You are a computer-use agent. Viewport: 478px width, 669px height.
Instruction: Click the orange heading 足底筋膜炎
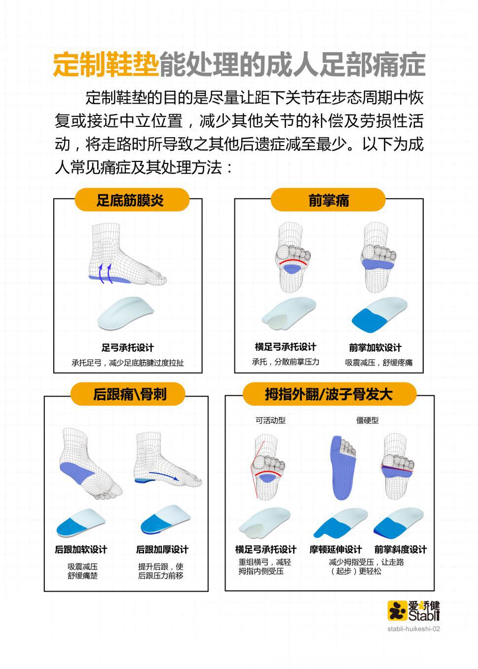point(130,200)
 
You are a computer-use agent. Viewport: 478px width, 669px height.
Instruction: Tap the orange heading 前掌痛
point(329,200)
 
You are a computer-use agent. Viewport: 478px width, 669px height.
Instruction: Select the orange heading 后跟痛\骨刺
point(130,394)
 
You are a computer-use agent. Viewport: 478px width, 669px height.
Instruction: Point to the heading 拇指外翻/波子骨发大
point(329,394)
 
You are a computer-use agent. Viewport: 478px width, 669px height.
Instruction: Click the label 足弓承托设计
point(128,348)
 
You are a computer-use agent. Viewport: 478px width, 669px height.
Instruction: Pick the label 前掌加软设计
point(375,348)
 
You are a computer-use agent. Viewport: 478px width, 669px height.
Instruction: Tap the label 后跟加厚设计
point(162,550)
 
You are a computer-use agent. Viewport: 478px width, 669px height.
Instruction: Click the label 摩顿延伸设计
point(335,550)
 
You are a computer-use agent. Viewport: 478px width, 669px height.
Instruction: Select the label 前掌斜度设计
point(401,550)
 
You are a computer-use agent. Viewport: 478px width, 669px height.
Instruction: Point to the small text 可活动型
point(270,420)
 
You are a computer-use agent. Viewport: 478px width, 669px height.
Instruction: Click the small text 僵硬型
point(367,420)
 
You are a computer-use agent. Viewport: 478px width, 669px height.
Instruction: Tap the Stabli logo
point(413,610)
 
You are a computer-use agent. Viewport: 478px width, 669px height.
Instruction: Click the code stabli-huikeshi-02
point(413,629)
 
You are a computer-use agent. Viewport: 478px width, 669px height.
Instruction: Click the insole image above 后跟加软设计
point(81,522)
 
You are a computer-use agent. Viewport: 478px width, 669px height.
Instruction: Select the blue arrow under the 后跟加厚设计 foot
point(164,476)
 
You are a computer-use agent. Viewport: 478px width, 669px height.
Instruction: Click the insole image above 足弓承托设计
point(126,313)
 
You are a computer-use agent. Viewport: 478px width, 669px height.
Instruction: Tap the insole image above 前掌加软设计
point(379,314)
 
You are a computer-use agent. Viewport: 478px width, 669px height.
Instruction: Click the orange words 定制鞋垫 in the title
point(106,65)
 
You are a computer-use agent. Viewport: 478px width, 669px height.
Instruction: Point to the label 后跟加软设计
point(81,550)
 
